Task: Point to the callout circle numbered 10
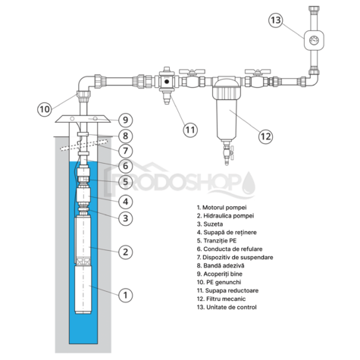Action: tap(45, 109)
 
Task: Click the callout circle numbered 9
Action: tap(126, 120)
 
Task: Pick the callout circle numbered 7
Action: tap(126, 151)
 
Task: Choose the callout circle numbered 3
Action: tap(126, 218)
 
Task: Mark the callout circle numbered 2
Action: tap(126, 251)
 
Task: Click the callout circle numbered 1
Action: tap(126, 294)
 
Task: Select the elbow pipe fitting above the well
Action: tap(83, 85)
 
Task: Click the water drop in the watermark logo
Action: tap(249, 181)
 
